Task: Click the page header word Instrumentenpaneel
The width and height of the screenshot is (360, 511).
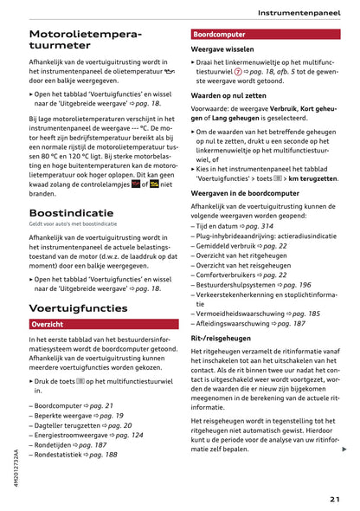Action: [x=302, y=12]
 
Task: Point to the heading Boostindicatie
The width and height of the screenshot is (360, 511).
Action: [x=71, y=212]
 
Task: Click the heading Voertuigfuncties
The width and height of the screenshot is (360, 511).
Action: [x=78, y=307]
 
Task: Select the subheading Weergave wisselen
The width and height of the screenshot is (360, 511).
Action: [x=222, y=50]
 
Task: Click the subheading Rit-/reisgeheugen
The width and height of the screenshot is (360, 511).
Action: [x=222, y=338]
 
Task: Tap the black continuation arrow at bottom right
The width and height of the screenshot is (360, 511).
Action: [x=344, y=449]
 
